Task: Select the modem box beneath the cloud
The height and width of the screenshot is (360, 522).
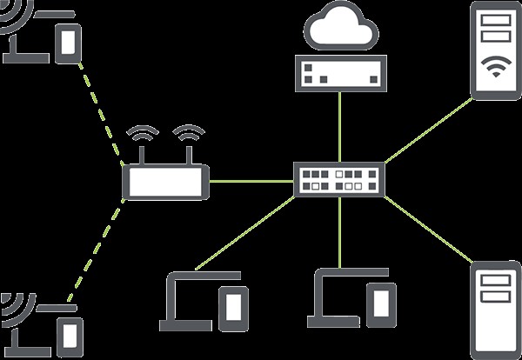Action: point(339,72)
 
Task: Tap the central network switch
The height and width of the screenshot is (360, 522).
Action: point(338,180)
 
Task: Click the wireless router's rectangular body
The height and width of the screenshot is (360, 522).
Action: point(165,182)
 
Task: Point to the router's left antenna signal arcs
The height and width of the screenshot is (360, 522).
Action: point(143,136)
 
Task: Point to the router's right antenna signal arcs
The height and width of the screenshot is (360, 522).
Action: point(189,136)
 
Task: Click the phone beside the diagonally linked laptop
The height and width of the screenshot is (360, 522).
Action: point(231,305)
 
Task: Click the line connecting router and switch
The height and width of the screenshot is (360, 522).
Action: point(251,182)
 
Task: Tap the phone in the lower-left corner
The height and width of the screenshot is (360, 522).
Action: point(70,335)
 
